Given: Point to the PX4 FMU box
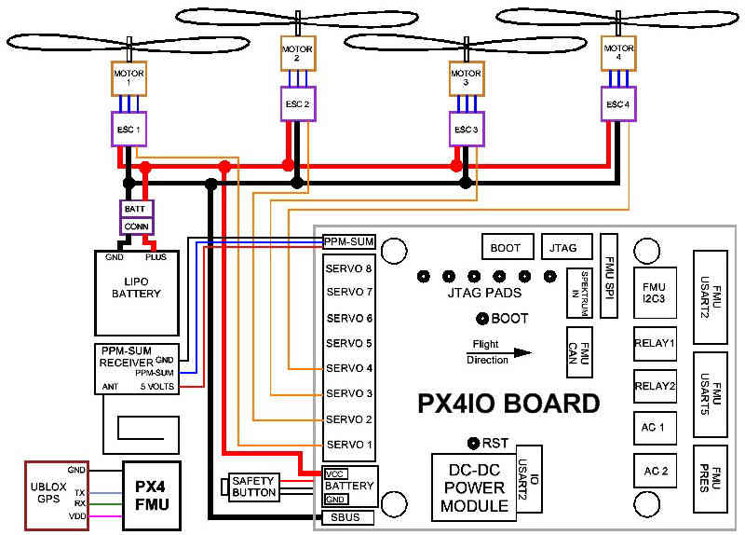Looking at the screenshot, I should pyautogui.click(x=151, y=494).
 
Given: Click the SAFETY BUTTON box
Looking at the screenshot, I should pyautogui.click(x=253, y=485).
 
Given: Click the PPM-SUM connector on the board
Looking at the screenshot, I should pyautogui.click(x=348, y=241).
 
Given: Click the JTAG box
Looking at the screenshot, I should pyautogui.click(x=564, y=248).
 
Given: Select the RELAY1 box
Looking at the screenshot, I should pyautogui.click(x=654, y=343).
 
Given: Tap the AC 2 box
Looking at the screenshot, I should pyautogui.click(x=654, y=470).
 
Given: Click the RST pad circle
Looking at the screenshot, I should pyautogui.click(x=474, y=442).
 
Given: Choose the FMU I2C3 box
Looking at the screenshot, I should pyautogui.click(x=654, y=292).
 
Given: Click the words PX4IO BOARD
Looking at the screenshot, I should pyautogui.click(x=507, y=404).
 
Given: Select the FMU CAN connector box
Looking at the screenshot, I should pyautogui.click(x=579, y=352).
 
